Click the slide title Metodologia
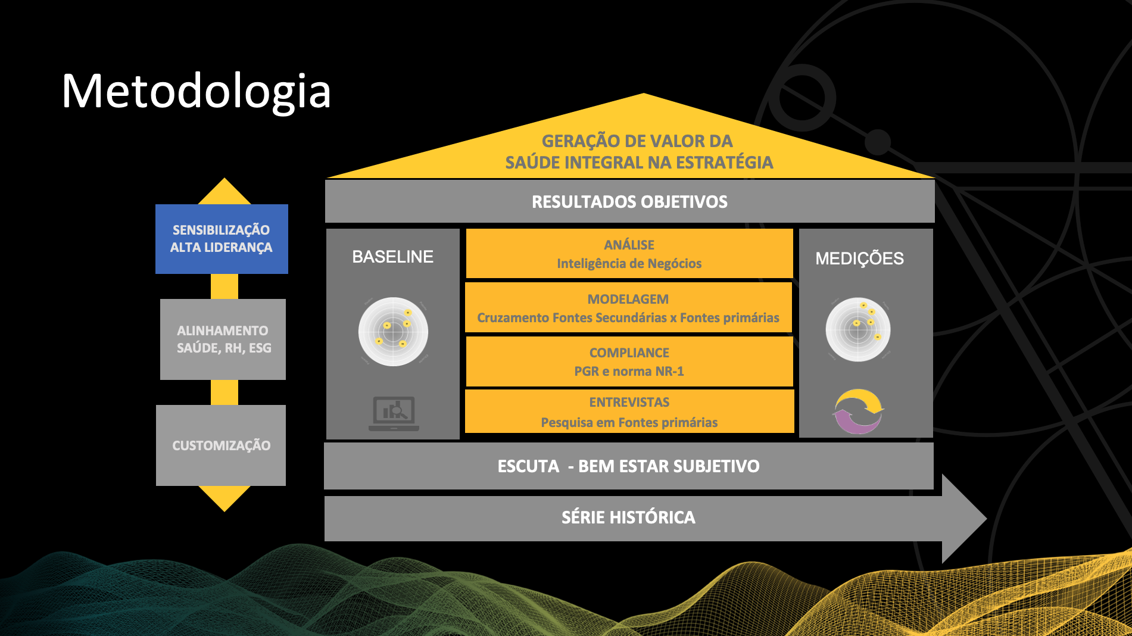point(196,91)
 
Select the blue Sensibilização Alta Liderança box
point(222,239)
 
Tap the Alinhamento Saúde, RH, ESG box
point(223,339)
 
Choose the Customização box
point(221,445)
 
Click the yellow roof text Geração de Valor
point(638,151)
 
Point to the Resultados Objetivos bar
point(629,202)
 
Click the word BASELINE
point(392,257)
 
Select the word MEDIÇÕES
point(859,258)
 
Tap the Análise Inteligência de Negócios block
point(629,254)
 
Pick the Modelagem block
point(628,308)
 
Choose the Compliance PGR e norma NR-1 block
point(629,361)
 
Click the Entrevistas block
point(629,411)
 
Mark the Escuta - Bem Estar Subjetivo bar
point(628,466)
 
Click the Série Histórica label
point(628,517)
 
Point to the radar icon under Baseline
point(393,332)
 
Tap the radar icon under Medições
point(858,329)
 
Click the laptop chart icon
point(394,413)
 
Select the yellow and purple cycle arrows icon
point(858,411)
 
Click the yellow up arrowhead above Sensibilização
point(224,192)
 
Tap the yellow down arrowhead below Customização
point(224,498)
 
